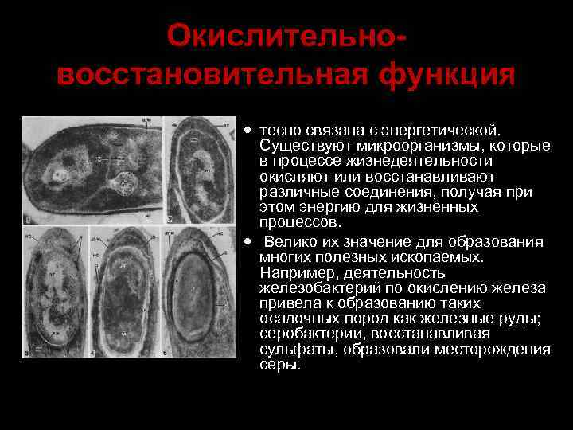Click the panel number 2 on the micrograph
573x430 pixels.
pyautogui.click(x=170, y=218)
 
